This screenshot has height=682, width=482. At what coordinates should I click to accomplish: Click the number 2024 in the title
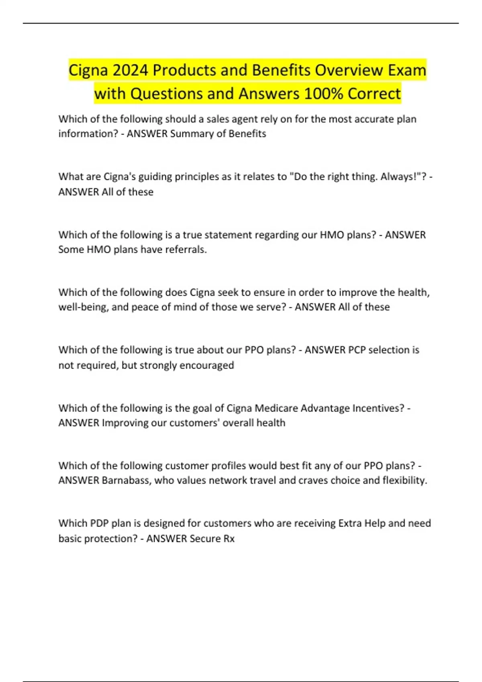pyautogui.click(x=131, y=70)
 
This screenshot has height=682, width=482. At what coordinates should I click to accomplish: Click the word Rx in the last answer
pyautogui.click(x=229, y=538)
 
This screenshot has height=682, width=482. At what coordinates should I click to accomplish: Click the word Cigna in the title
pyautogui.click(x=88, y=70)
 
